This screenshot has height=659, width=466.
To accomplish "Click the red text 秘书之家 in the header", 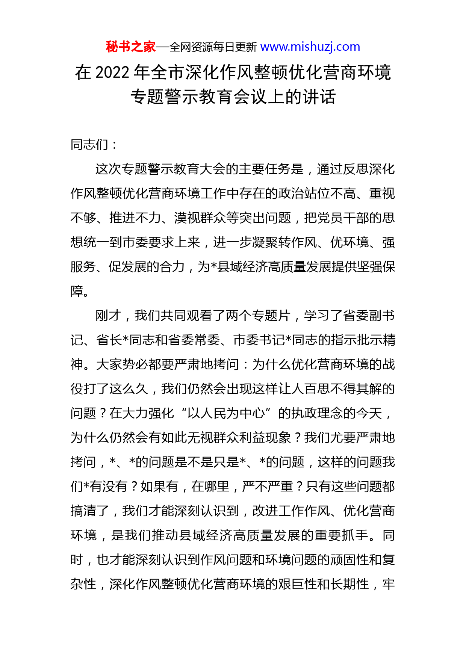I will point(130,47).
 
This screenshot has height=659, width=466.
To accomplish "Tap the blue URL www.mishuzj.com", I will point(310,47).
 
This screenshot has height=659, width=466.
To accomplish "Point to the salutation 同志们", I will point(89,145).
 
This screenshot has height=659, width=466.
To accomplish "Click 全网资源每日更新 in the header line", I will point(213,47).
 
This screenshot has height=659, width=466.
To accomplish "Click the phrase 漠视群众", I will point(200,218).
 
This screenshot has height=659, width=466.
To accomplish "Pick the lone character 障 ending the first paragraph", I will point(77,291).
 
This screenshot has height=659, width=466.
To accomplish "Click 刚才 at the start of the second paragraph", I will point(108,316).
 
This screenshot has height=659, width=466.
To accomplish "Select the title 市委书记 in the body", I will point(259,340).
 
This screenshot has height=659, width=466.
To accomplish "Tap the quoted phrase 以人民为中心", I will point(226,413).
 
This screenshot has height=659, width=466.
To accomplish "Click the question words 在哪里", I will point(210,487).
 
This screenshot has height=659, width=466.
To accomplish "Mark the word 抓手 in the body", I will point(356,535).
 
